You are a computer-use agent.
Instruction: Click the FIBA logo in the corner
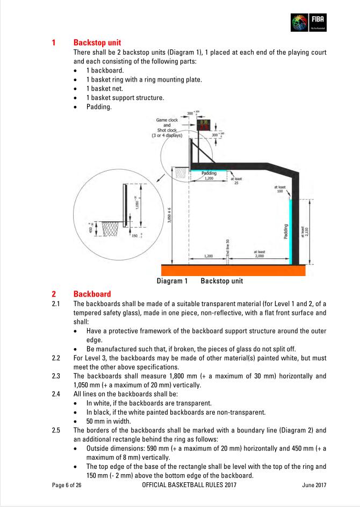pyautogui.click(x=309, y=22)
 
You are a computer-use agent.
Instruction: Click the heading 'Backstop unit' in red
pyautogui.click(x=97, y=42)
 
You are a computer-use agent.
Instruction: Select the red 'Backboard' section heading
pyautogui.click(x=92, y=294)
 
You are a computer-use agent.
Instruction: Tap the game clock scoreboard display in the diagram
pyautogui.click(x=205, y=126)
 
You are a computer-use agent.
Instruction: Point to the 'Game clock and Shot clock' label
pyautogui.click(x=167, y=127)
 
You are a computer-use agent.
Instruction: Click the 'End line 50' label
pyautogui.click(x=228, y=248)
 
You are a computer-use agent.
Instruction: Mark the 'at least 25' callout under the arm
pyautogui.click(x=237, y=181)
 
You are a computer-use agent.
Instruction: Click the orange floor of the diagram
pyautogui.click(x=234, y=270)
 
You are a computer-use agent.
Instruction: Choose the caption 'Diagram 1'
pyautogui.click(x=172, y=281)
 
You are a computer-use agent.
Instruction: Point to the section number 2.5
pyautogui.click(x=56, y=430)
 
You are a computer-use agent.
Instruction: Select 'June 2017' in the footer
pyautogui.click(x=314, y=486)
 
